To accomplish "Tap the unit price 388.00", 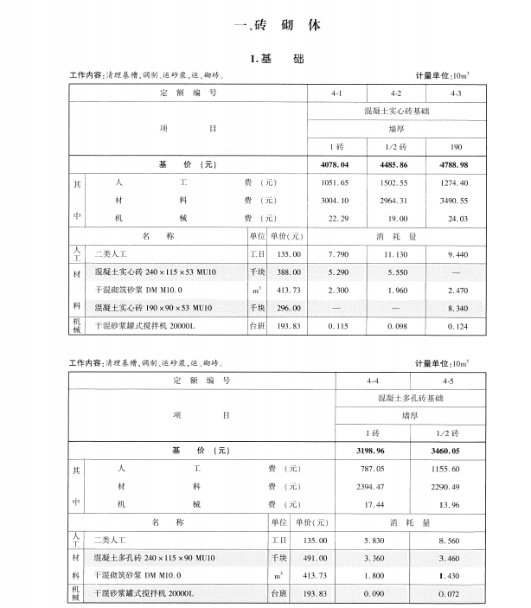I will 285,272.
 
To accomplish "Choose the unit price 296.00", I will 285,308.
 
